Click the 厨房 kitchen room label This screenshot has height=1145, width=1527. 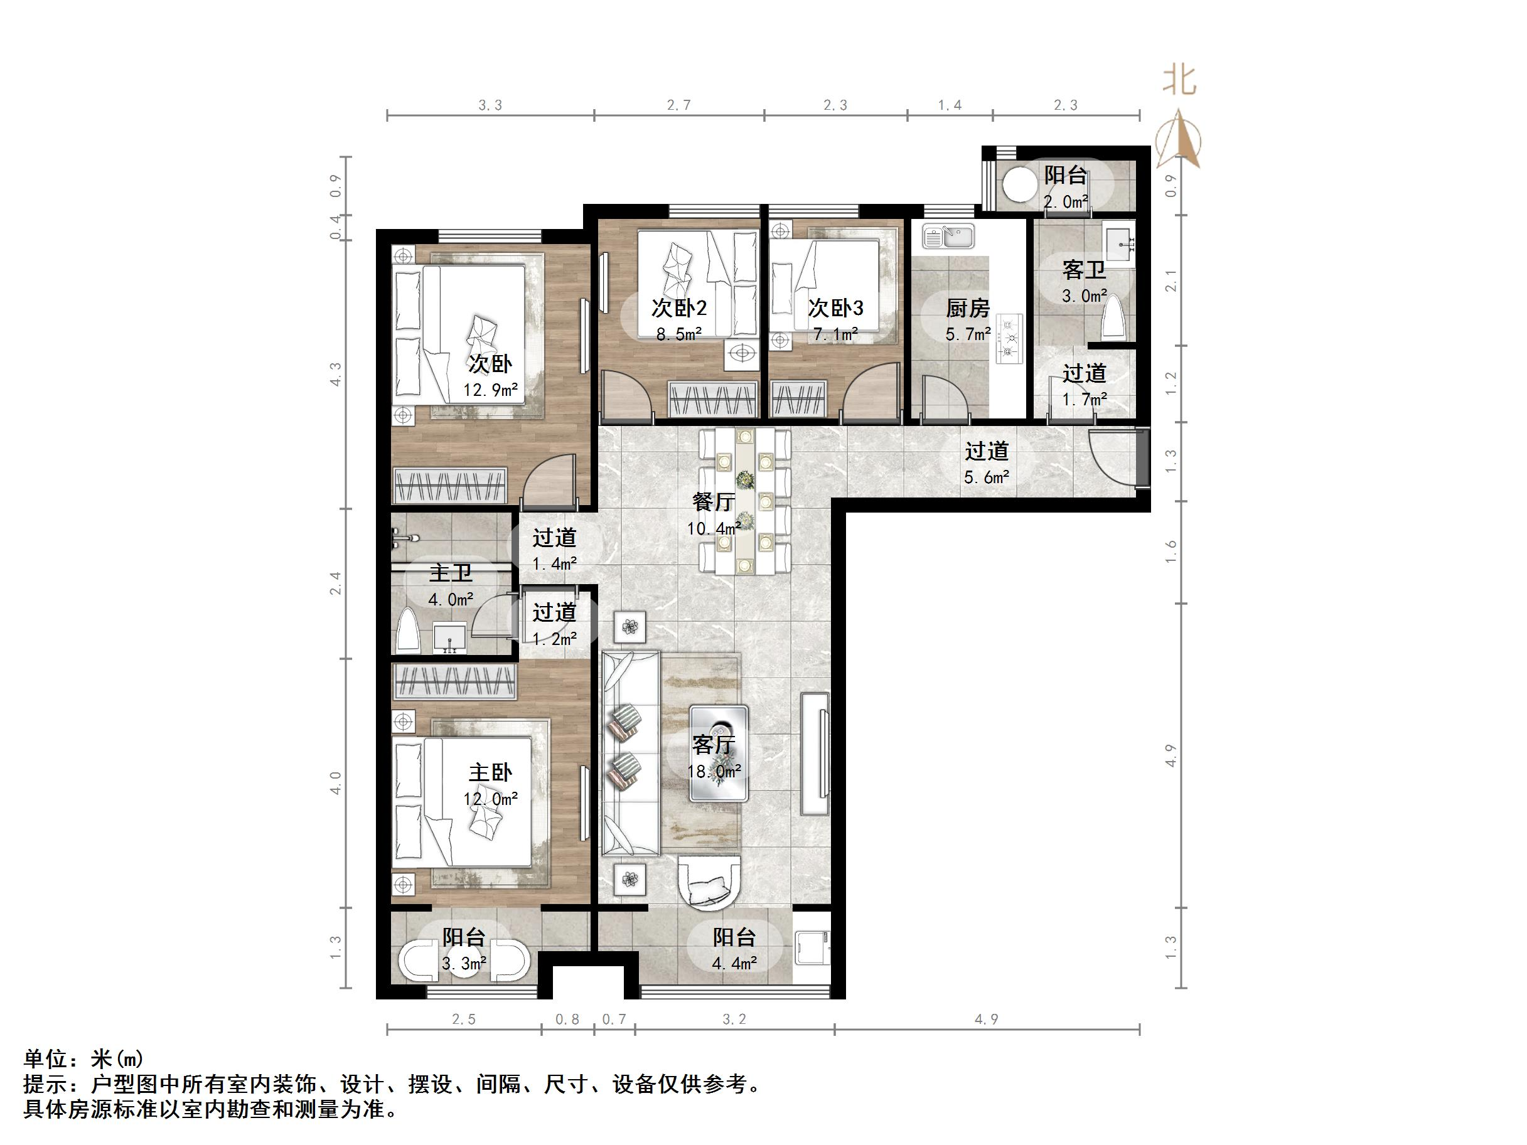[x=967, y=308]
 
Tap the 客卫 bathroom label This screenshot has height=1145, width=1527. [x=1084, y=269]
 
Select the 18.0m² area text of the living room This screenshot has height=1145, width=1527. [x=714, y=771]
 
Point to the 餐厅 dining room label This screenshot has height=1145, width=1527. [x=713, y=502]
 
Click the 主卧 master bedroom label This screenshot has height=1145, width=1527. [x=490, y=772]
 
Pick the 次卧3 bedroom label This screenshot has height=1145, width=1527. [x=835, y=308]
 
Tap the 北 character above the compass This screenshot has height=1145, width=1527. [x=1179, y=81]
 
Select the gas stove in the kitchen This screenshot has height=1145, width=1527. [x=1009, y=338]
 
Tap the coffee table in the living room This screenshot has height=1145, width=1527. [x=718, y=752]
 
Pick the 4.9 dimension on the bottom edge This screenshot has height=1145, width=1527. [x=986, y=1020]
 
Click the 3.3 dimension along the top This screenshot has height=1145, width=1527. [x=490, y=105]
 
